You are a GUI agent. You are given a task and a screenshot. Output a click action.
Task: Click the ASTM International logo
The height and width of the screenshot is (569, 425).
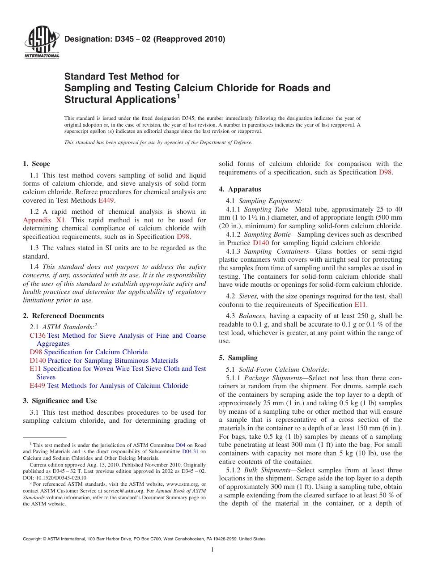click(x=41, y=43)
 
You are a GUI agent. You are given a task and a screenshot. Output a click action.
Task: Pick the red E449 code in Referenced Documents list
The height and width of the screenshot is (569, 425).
click(x=37, y=386)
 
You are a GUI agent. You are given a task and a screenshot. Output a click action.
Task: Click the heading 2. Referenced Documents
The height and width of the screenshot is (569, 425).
click(x=63, y=316)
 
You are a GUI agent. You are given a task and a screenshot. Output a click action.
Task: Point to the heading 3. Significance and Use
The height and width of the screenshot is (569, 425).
click(x=59, y=401)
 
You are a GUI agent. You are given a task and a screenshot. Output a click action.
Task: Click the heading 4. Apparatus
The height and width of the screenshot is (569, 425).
click(x=240, y=189)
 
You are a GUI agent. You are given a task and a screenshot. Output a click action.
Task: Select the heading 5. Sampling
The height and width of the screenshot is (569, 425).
click(x=238, y=358)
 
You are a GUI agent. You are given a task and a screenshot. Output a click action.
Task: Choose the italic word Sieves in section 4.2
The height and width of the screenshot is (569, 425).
click(x=248, y=296)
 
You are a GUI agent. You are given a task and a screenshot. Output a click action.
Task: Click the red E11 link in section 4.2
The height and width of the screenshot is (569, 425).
click(x=360, y=305)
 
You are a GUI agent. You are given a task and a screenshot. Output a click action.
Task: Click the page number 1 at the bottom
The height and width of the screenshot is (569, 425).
click(x=212, y=550)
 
